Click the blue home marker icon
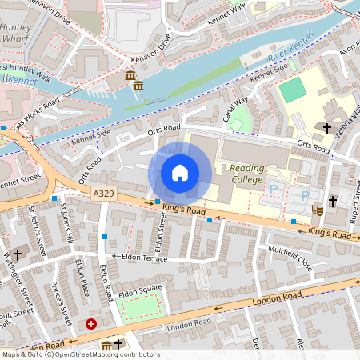click(180, 173)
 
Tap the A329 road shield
click(102, 194)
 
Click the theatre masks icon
click(317, 210)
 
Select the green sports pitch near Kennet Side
click(293, 90)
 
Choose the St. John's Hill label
click(68, 225)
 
